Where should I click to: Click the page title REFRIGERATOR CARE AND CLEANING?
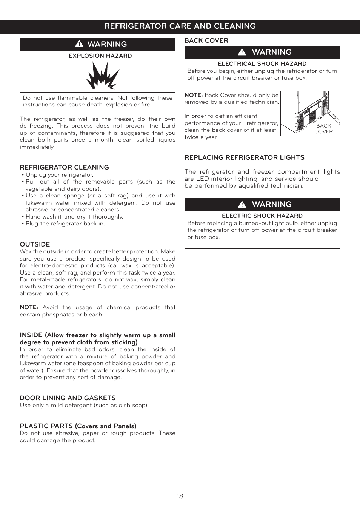pos(180,26)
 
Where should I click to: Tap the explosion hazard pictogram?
pos(102,76)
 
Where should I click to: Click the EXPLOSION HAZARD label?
pos(100,56)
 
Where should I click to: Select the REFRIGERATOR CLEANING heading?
pos(64,167)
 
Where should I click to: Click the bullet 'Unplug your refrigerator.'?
pos(59,175)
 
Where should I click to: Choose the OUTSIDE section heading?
pos(35,244)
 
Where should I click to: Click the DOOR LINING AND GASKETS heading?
pos(68,398)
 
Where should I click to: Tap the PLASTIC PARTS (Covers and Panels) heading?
pos(78,426)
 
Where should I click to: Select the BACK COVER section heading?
pos(206,40)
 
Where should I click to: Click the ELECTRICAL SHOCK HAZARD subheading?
pos(262,64)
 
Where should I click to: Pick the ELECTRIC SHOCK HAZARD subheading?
pos(262,216)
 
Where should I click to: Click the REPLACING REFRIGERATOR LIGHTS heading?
pos(244,157)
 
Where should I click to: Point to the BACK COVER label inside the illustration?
pos(323,129)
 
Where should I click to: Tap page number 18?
pos(180,496)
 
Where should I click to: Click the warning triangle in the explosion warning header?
pos(79,44)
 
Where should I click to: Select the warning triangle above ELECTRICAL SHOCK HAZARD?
pos(242,52)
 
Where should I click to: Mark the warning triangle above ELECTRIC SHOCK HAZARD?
pos(242,204)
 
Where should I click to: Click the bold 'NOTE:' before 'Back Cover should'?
pos(193,95)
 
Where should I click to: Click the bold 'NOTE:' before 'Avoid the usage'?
pos(29,307)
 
